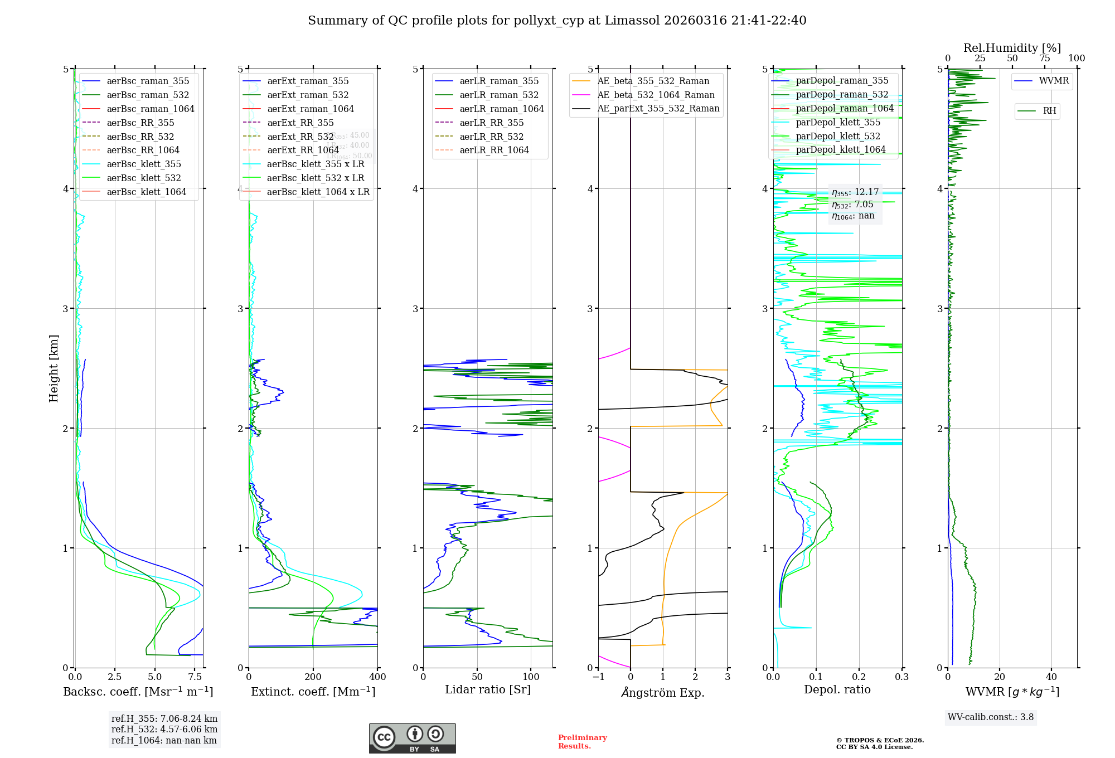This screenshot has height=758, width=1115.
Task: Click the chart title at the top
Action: click(x=557, y=21)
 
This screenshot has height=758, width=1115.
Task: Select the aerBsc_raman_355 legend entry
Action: click(x=148, y=81)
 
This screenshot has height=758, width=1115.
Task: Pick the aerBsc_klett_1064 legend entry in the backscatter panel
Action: click(x=146, y=192)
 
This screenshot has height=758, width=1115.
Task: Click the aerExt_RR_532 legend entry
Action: click(x=300, y=137)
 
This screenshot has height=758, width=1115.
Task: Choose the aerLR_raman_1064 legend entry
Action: click(x=501, y=109)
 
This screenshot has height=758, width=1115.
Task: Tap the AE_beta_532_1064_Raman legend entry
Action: click(x=656, y=95)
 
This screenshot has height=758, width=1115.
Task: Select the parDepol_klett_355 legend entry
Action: click(x=837, y=122)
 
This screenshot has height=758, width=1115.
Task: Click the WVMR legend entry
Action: click(x=1054, y=81)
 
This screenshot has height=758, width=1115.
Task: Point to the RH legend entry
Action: click(x=1049, y=111)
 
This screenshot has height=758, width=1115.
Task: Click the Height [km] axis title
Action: click(x=54, y=368)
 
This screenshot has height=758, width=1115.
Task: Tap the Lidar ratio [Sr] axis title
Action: click(x=488, y=689)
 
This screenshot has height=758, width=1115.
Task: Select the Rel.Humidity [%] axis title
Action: click(x=1012, y=48)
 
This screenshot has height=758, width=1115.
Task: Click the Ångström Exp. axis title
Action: click(x=663, y=692)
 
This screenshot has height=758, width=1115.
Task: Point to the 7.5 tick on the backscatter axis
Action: click(x=195, y=677)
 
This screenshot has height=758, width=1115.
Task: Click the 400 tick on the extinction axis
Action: click(x=377, y=677)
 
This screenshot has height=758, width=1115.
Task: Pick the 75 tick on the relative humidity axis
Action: click(x=1044, y=59)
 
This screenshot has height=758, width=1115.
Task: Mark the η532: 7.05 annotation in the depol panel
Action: click(x=852, y=205)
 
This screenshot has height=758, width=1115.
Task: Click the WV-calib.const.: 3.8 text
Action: click(x=990, y=717)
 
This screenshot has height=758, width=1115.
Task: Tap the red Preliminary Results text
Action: click(x=582, y=741)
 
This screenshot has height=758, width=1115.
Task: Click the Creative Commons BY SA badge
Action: click(x=412, y=738)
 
